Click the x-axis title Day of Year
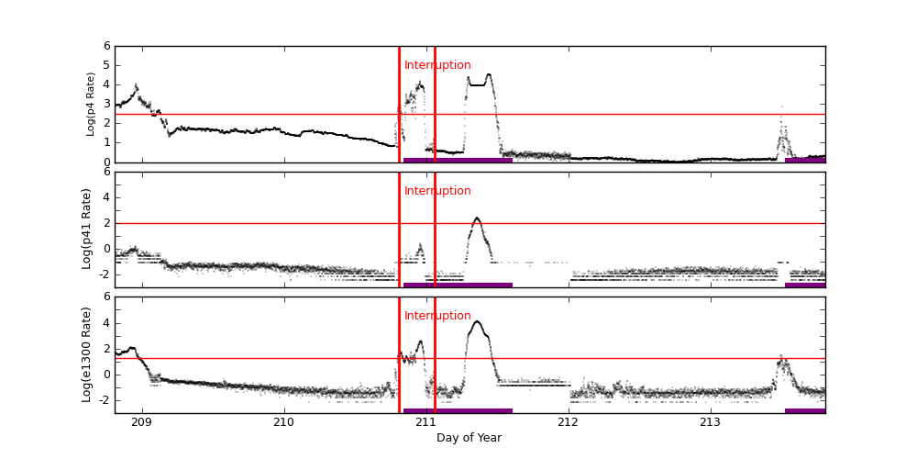(x=469, y=438)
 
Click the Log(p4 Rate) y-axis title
(x=91, y=104)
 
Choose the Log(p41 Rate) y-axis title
(x=87, y=229)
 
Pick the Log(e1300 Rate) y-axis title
(x=87, y=354)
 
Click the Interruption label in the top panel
(x=437, y=65)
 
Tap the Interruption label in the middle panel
(x=437, y=191)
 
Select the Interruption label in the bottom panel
(x=437, y=316)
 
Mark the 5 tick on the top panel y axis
(x=106, y=65)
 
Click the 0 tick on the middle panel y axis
(x=106, y=248)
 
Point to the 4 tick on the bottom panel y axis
(x=106, y=322)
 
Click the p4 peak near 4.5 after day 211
(x=488, y=75)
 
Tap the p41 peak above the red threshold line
(x=477, y=218)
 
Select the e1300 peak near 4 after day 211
(x=477, y=322)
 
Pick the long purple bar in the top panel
(x=458, y=160)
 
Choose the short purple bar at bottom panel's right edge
(x=805, y=410)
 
